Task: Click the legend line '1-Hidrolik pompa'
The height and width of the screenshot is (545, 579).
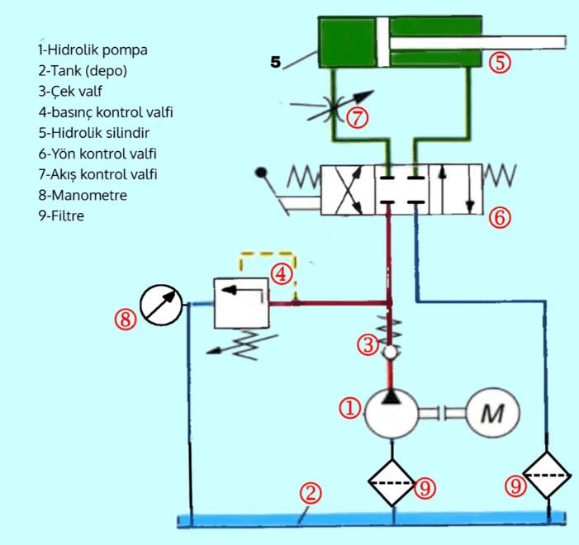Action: [93, 49]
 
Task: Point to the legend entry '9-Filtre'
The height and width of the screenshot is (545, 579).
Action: [61, 217]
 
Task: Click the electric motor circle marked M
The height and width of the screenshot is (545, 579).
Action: [493, 410]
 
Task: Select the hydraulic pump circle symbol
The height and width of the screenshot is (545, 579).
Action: [392, 412]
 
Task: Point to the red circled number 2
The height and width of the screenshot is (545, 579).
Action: [309, 494]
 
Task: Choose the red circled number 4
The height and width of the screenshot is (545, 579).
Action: [282, 272]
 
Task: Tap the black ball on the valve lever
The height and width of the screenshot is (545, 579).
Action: [262, 173]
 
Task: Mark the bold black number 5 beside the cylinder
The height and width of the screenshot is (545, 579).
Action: [276, 61]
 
